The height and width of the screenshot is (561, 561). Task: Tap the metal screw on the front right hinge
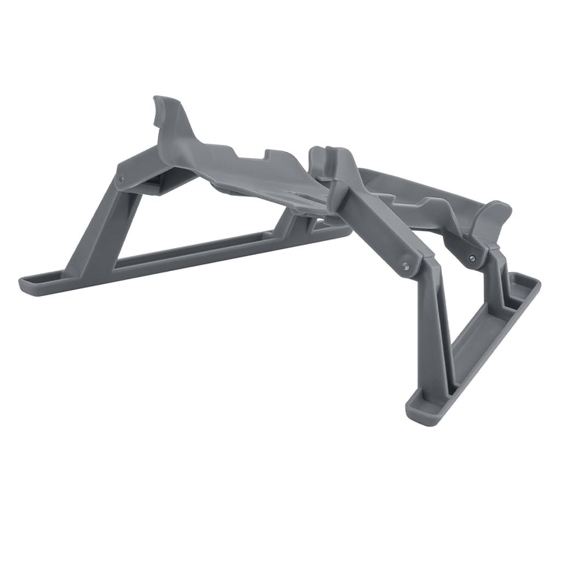[x=406, y=266]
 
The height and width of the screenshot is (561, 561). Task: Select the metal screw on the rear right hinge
[x=472, y=258]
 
